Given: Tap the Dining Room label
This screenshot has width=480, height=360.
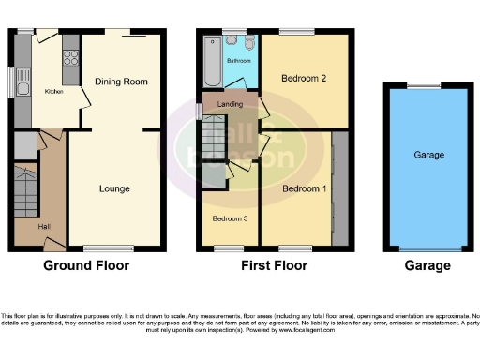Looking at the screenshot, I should click(x=121, y=82).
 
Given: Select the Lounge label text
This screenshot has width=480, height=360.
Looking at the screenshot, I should click(x=114, y=188).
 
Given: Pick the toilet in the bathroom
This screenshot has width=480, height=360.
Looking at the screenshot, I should click(x=249, y=43).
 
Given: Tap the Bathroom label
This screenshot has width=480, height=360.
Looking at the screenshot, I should click(x=237, y=60).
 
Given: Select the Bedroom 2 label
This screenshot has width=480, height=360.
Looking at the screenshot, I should click(x=304, y=78).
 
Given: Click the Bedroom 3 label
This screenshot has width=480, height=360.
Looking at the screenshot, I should click(x=229, y=217).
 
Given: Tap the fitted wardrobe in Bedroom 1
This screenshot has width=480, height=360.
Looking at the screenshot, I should click(x=339, y=187).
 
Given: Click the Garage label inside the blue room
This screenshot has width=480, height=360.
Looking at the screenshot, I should click(x=428, y=155).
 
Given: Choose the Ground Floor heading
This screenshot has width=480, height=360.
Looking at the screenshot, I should click(x=86, y=265).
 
